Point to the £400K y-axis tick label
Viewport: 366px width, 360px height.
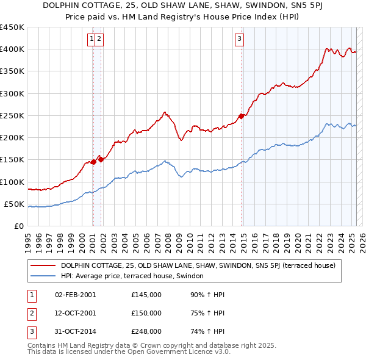(x=12, y=49)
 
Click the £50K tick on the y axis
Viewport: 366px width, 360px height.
(x=15, y=204)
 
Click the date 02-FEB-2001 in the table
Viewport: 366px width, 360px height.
(x=75, y=295)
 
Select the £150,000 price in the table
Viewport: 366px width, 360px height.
(x=146, y=313)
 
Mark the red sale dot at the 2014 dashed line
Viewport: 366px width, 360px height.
(x=242, y=116)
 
